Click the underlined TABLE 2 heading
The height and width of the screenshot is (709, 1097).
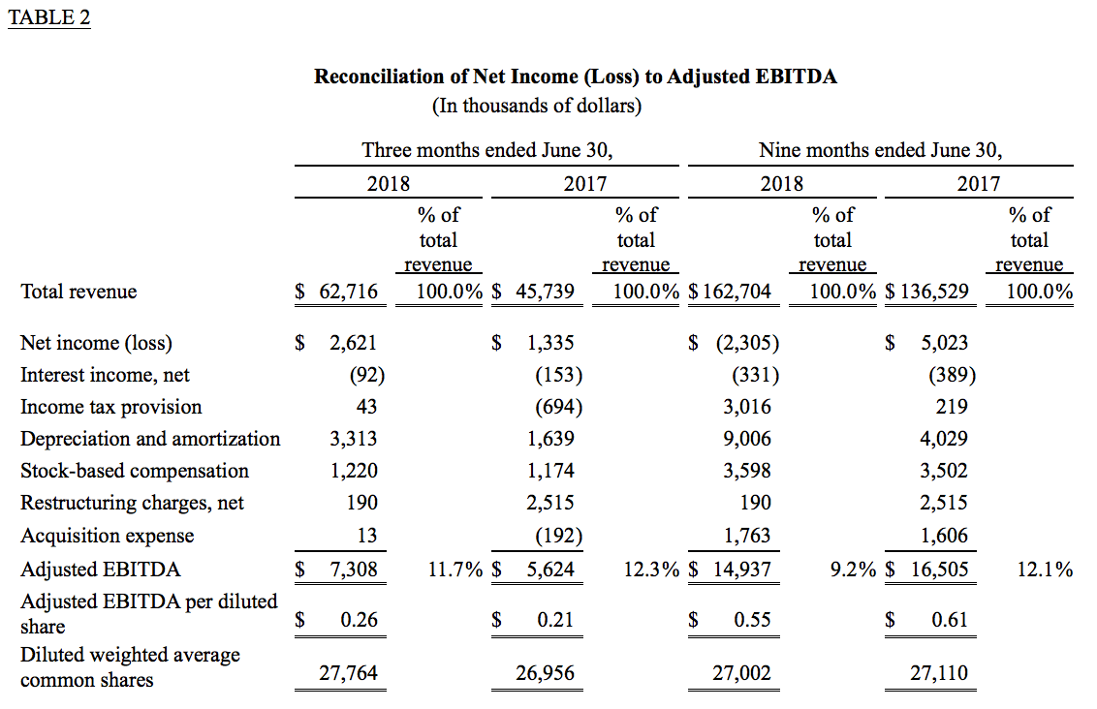coord(49,17)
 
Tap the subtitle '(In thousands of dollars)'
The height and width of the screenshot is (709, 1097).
coord(537,106)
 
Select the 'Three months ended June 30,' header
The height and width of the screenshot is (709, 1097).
coord(486,150)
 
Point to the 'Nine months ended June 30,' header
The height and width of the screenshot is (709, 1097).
coord(880,150)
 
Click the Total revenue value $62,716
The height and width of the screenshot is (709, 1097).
coord(336,291)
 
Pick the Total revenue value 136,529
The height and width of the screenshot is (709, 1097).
coord(934,291)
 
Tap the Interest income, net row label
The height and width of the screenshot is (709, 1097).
coord(105,375)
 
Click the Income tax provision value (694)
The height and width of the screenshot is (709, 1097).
coord(559,407)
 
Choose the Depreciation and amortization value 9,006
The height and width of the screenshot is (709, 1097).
coord(747,439)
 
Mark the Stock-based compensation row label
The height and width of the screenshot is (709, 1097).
coord(135,471)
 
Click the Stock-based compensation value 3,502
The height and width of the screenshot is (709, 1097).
coord(944,471)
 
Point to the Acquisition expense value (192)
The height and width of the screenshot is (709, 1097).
coord(559,536)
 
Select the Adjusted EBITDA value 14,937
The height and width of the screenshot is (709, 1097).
coord(741,570)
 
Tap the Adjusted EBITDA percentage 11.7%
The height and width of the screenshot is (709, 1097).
coord(455,570)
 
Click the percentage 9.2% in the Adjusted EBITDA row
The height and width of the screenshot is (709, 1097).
coord(853,570)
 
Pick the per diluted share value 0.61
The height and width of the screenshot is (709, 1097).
coord(950,620)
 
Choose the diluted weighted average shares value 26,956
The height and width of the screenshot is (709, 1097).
coord(545,672)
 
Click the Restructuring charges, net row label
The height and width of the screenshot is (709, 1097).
coord(132,503)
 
